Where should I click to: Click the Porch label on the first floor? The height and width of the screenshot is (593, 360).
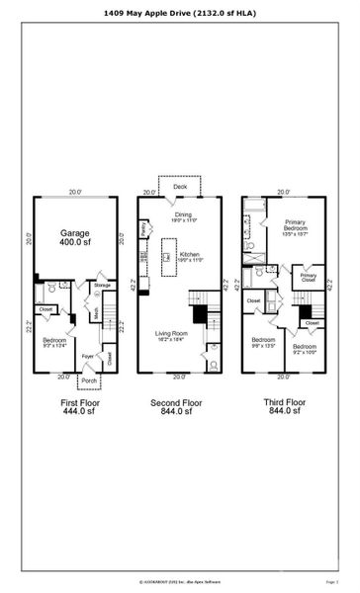click(88, 380)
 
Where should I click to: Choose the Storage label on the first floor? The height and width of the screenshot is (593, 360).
click(103, 285)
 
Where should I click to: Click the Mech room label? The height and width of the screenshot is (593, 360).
click(96, 314)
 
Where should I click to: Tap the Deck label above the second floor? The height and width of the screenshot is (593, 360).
click(180, 186)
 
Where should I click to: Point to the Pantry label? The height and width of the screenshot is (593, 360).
click(143, 228)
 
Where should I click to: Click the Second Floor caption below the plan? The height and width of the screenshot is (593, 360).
click(178, 403)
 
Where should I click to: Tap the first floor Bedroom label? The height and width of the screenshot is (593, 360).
click(55, 340)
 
